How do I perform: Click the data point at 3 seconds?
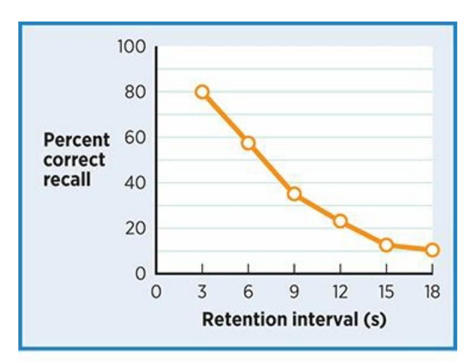202,92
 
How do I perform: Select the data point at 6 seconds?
248,143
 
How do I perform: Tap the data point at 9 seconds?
294,194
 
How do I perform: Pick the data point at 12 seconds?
340,221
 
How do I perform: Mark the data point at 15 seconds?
386,245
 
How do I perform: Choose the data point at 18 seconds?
432,250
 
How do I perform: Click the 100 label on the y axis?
131,47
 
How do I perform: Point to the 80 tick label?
134,92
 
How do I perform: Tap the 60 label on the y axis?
134,138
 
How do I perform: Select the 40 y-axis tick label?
134,183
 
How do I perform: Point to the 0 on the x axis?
156,293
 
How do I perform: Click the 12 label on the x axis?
339,293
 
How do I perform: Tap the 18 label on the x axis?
431,293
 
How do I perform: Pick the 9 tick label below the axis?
294,293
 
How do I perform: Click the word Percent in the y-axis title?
76,141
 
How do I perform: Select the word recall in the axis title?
67,179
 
